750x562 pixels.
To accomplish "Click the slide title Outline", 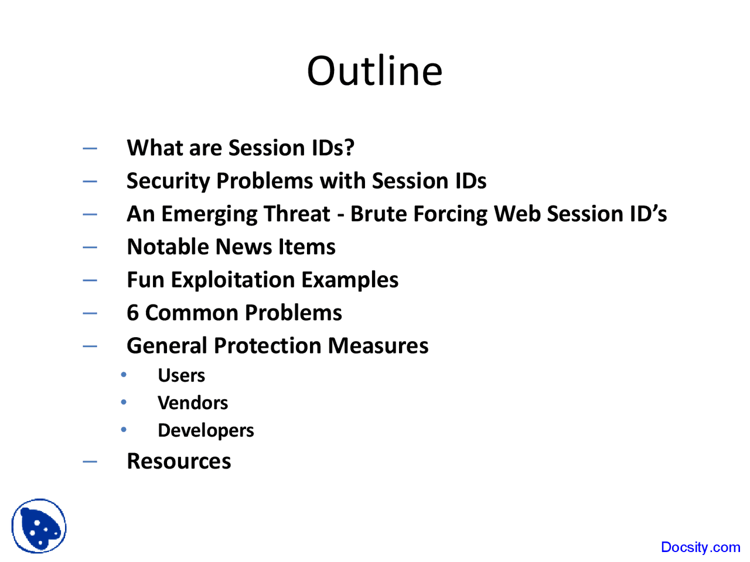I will click(x=374, y=71).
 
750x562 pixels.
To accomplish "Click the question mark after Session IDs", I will click(x=349, y=148).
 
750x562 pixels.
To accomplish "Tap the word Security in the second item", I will click(x=168, y=181).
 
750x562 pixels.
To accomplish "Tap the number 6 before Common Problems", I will click(x=133, y=313).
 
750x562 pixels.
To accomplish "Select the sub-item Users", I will click(x=181, y=375).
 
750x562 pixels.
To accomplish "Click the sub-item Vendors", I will click(x=193, y=403).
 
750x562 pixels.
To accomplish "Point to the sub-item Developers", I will click(x=206, y=431).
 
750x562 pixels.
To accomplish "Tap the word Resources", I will click(x=179, y=461).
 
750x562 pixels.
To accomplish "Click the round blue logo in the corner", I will click(x=39, y=526).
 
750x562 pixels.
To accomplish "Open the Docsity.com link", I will click(x=700, y=547).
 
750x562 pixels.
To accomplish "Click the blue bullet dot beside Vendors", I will click(x=124, y=402).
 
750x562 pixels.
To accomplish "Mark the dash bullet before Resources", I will click(x=90, y=461).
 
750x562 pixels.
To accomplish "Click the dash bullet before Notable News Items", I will click(x=90, y=247).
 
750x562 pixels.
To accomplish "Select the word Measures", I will click(x=378, y=346).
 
